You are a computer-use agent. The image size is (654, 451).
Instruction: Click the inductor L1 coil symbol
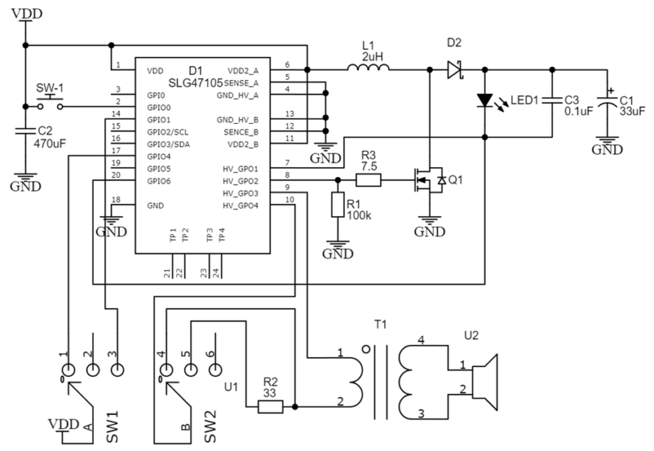pyautogui.click(x=369, y=67)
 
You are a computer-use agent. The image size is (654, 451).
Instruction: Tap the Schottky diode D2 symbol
pyautogui.click(x=455, y=70)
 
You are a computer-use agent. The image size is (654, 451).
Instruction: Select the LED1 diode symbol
pyautogui.click(x=485, y=101)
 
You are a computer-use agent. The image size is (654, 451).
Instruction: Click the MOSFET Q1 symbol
pyautogui.click(x=429, y=180)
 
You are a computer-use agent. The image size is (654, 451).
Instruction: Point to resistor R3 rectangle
pyautogui.click(x=369, y=180)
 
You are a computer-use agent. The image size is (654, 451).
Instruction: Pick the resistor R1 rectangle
pyautogui.click(x=338, y=205)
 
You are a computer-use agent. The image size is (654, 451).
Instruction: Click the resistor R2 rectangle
pyautogui.click(x=270, y=406)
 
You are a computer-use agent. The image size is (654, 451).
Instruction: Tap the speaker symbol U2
pyautogui.click(x=485, y=383)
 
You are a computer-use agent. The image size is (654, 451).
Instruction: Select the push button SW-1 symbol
pyautogui.click(x=50, y=103)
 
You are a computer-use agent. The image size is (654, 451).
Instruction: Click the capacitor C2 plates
pyautogui.click(x=25, y=131)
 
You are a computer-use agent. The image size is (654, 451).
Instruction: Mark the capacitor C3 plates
pyautogui.click(x=552, y=101)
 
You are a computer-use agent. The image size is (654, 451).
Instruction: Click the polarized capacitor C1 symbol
pyautogui.click(x=607, y=101)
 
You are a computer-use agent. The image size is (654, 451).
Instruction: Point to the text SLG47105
pyautogui.click(x=195, y=83)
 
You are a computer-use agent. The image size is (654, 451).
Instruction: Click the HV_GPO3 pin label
pyautogui.click(x=240, y=194)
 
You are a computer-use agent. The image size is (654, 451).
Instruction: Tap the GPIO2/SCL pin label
pyautogui.click(x=168, y=132)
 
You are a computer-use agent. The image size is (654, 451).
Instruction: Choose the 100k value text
pyautogui.click(x=359, y=215)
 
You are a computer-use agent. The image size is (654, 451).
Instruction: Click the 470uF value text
pyautogui.click(x=50, y=143)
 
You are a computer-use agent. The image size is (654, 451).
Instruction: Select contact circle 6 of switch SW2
pyautogui.click(x=215, y=369)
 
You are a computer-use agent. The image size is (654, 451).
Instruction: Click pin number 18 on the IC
pyautogui.click(x=116, y=200)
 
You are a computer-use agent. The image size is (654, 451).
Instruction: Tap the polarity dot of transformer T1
pyautogui.click(x=366, y=349)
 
